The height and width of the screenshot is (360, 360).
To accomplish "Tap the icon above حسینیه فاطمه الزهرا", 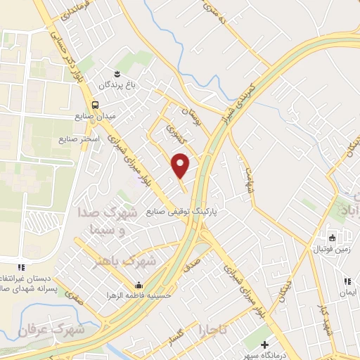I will tap(139, 285).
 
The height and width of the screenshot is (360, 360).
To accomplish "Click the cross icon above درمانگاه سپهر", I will tap(264, 345).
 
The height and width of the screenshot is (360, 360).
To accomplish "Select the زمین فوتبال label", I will tap(329, 250).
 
